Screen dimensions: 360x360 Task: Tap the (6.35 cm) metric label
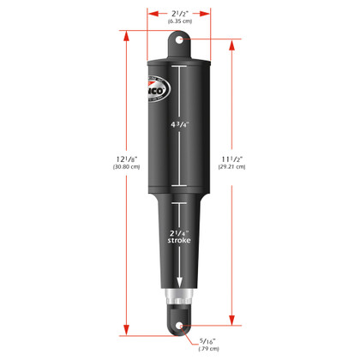(x=179, y=23)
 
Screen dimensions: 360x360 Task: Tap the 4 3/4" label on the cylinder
(x=181, y=124)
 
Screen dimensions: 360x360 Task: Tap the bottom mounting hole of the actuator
(x=180, y=326)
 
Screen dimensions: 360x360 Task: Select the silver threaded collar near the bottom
(x=180, y=301)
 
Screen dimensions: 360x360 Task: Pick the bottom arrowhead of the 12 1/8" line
(x=127, y=331)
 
